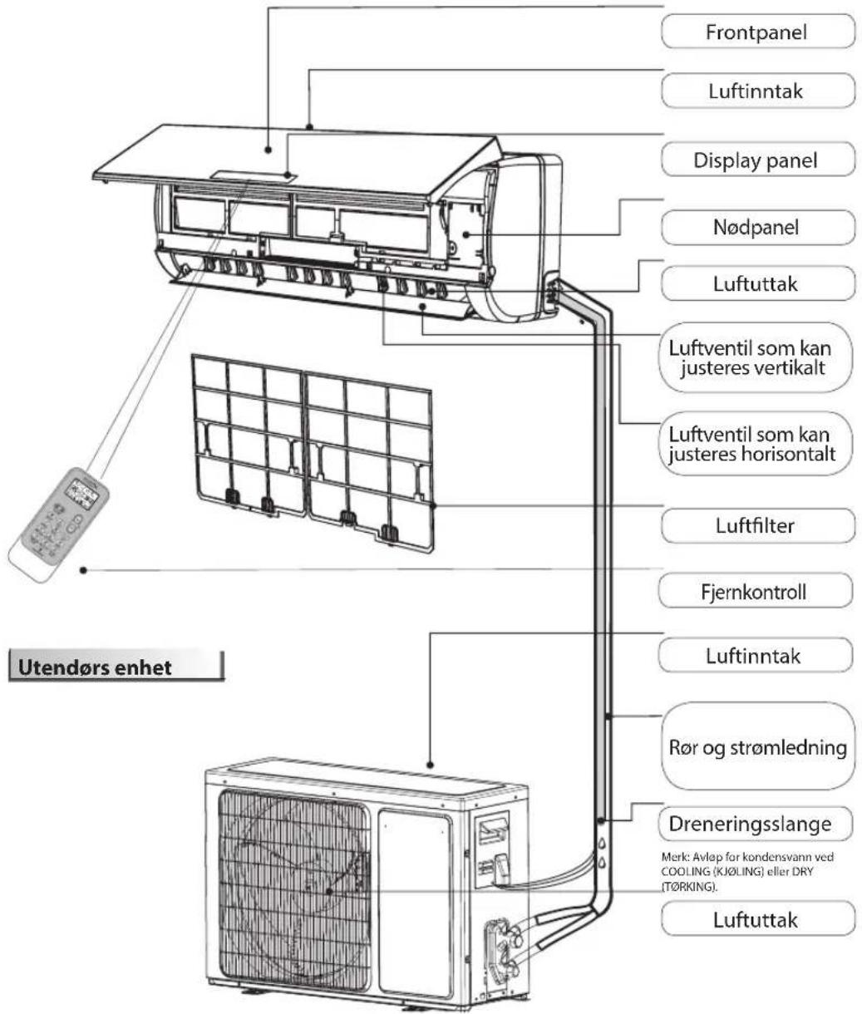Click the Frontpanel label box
click(x=756, y=32)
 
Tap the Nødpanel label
click(x=756, y=227)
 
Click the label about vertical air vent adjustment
click(x=756, y=357)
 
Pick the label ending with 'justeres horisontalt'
click(x=756, y=445)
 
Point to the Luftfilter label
click(x=756, y=525)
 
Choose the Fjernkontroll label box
click(x=756, y=592)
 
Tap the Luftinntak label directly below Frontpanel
click(x=756, y=91)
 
